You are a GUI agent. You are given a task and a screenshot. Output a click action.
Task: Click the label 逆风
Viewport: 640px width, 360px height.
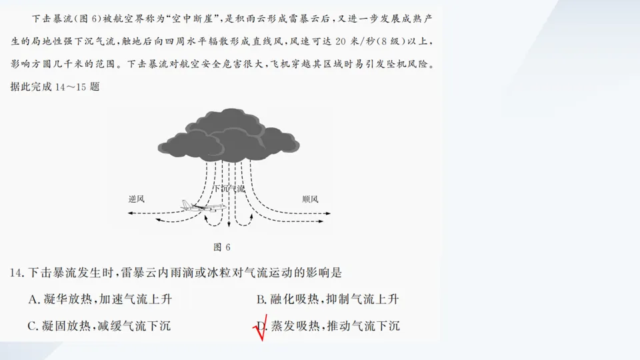click(136, 199)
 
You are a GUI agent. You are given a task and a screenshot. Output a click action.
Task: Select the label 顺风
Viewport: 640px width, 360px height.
click(310, 199)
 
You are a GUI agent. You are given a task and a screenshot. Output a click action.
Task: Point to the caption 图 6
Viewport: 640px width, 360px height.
click(221, 247)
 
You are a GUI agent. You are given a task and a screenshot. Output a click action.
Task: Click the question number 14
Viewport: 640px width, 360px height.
click(17, 273)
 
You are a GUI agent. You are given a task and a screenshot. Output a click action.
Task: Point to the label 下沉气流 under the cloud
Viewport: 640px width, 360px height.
click(229, 189)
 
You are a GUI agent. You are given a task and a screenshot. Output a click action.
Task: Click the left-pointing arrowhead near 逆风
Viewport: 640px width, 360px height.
click(131, 213)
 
